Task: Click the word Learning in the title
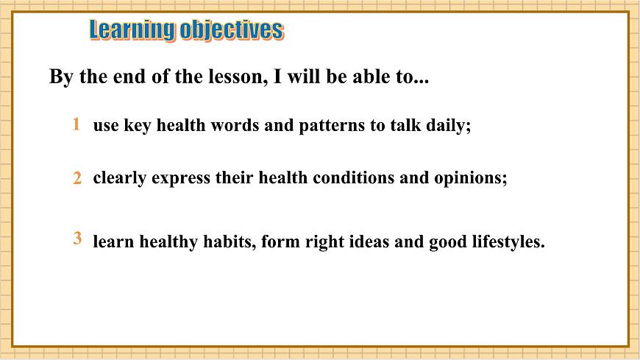132,30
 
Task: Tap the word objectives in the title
232,30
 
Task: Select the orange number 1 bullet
76,124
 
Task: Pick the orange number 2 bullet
77,178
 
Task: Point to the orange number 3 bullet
77,239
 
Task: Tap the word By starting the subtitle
61,77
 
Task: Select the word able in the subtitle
371,77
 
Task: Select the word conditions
353,178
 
